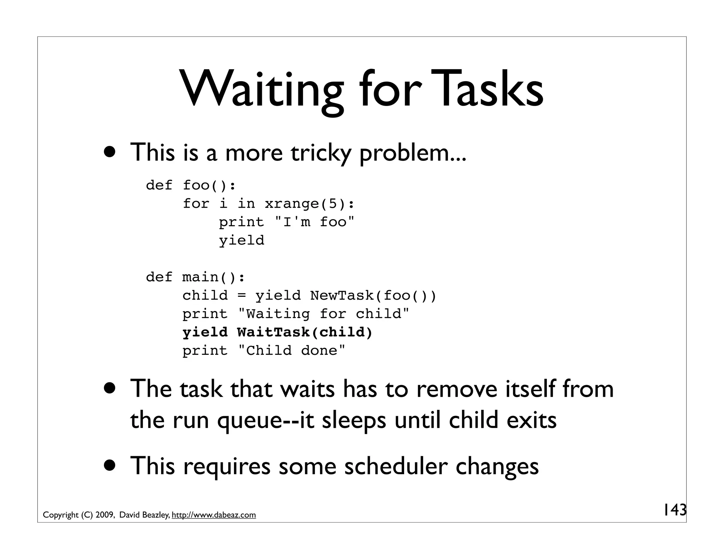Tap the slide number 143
[674, 510]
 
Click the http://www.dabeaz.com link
[214, 515]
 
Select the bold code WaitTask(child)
[305, 332]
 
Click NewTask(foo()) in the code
[373, 295]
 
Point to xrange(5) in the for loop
[309, 204]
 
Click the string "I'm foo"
[314, 222]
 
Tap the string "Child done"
[291, 351]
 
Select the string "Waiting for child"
[323, 314]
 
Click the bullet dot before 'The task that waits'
[110, 388]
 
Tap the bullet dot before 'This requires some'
[110, 465]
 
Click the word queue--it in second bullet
[265, 420]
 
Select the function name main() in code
[213, 277]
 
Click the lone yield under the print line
[241, 241]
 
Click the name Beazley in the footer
[156, 515]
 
